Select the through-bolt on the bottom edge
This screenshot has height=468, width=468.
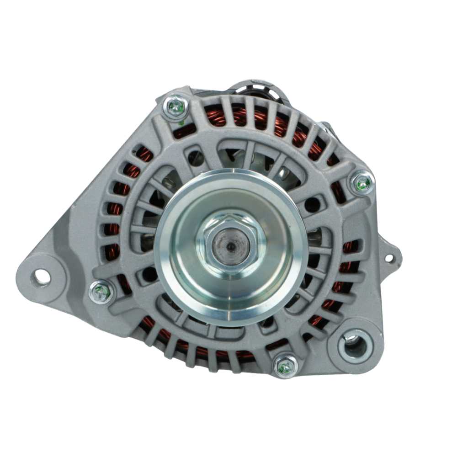click(285, 366)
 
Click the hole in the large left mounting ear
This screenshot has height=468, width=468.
click(41, 277)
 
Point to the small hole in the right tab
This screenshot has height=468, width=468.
click(389, 258)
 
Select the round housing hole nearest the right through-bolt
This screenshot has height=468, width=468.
click(312, 204)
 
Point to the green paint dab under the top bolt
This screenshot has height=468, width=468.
click(181, 122)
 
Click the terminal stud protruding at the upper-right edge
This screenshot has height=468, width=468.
click(327, 128)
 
